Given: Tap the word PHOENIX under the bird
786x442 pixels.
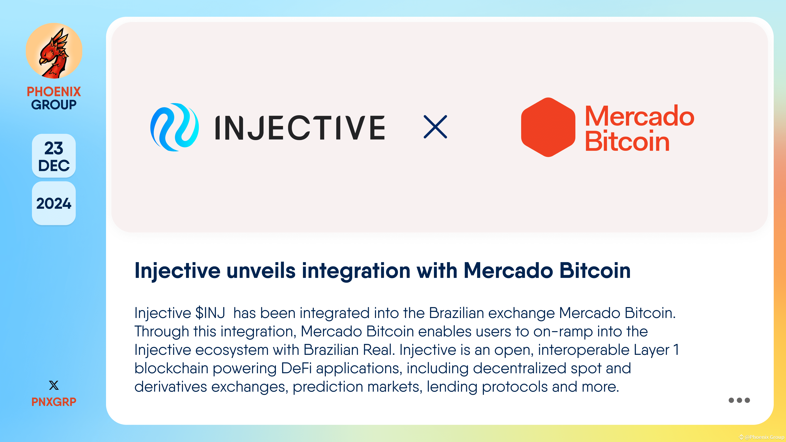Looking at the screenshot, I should point(54,91).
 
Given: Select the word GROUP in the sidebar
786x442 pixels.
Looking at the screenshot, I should point(54,105).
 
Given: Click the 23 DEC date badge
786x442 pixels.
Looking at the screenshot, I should point(54,156).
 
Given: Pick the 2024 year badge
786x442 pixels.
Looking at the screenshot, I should point(54,203).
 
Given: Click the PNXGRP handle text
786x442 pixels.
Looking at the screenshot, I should point(54,402).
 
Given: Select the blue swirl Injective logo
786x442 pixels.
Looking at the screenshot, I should point(175,127).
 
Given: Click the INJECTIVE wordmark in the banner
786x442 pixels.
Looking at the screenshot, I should point(300,128).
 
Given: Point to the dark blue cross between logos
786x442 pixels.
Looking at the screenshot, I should point(435,127).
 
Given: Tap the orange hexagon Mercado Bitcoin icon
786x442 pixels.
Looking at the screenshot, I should point(548,127).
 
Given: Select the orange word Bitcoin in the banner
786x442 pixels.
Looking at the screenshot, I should point(627,142).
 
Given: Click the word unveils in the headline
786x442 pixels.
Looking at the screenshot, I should point(261,271).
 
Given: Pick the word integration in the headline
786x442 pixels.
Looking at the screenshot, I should point(356,271).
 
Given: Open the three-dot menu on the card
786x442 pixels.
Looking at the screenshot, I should point(739,400).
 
